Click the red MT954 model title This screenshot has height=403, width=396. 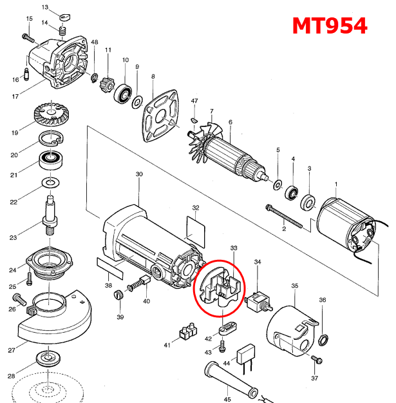[329, 25]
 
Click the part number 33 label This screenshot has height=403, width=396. [234, 248]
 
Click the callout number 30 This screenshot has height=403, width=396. [139, 175]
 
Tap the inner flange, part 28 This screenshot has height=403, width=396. [46, 358]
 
